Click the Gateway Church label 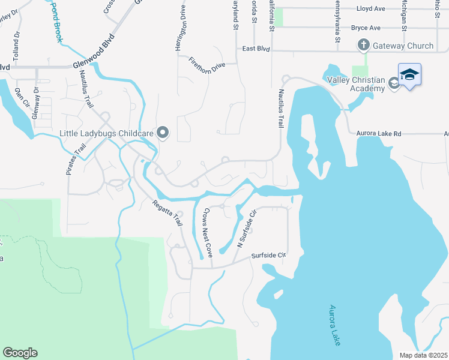click(403, 46)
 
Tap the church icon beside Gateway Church click(363, 45)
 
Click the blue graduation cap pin click(409, 75)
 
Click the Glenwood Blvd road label click(92, 58)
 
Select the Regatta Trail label click(166, 212)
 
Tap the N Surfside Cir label click(247, 229)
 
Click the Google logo click(20, 353)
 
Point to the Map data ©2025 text click(423, 355)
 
